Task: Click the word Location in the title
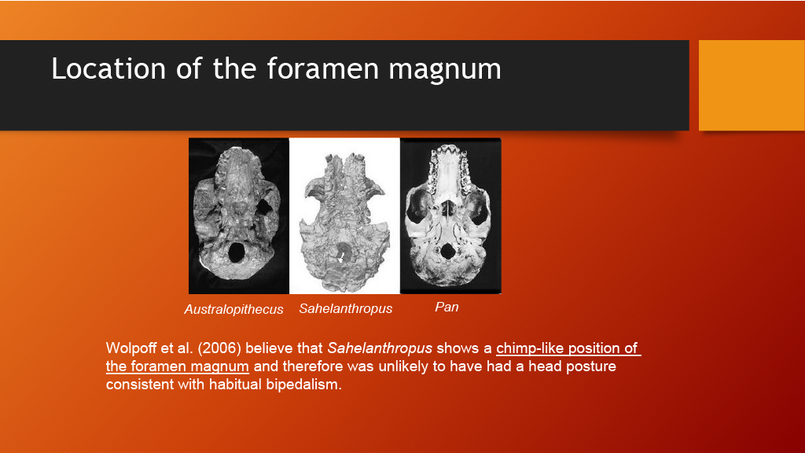108,69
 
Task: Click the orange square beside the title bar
752,85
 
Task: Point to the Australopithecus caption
233,309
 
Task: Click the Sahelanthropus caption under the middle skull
346,308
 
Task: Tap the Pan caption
447,308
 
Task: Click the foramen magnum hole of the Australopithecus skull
236,252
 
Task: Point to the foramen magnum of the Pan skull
447,251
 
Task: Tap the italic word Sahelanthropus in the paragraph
380,348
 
